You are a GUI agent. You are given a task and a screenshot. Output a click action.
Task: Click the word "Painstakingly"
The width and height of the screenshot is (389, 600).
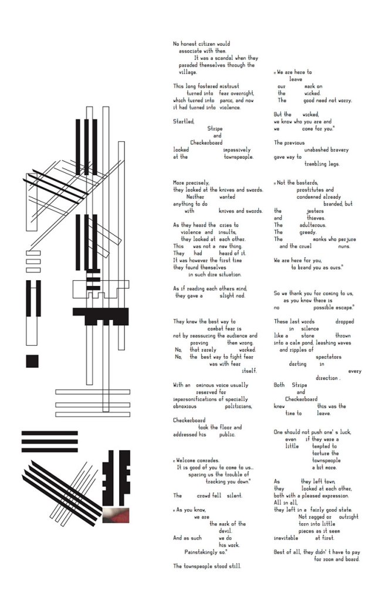point(204,552)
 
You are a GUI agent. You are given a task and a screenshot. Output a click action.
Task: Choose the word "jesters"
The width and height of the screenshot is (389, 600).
point(315,211)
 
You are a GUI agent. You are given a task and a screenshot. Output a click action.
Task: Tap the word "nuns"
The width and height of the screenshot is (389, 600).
point(344,246)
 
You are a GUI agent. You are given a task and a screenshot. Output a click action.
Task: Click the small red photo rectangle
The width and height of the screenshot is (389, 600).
point(116,515)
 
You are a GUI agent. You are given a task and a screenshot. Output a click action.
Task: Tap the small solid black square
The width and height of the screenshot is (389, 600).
point(32,360)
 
